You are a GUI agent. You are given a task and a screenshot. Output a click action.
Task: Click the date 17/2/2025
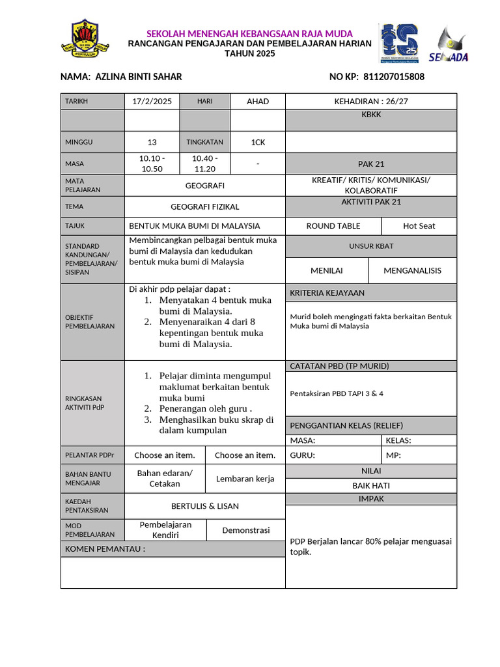tap(152, 101)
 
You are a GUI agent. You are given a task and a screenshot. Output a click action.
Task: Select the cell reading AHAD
tap(258, 101)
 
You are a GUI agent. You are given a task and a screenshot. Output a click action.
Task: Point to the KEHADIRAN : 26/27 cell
tap(371, 101)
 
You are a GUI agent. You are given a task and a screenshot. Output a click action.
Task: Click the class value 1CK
tap(258, 141)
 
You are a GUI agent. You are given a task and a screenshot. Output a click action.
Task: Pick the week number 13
tap(152, 142)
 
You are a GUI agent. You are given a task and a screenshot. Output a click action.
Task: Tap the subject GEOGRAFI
tap(204, 186)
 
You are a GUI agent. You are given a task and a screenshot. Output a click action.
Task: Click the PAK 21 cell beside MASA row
tap(371, 163)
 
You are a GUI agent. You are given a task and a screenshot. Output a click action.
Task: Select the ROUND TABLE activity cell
tap(333, 226)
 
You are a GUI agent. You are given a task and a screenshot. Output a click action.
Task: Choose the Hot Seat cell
tap(419, 226)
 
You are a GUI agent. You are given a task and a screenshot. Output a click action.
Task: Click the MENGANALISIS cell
tap(412, 270)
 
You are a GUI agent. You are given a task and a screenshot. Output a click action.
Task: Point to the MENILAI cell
tap(327, 270)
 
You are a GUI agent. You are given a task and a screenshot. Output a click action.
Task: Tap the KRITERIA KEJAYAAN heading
tap(327, 292)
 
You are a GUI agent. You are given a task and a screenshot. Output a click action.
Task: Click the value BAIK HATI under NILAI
tap(371, 485)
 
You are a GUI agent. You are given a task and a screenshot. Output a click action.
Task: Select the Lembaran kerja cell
tap(245, 478)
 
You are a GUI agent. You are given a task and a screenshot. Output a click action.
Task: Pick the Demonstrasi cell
tap(245, 530)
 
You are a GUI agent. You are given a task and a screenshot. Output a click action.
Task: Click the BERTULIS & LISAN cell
tap(204, 505)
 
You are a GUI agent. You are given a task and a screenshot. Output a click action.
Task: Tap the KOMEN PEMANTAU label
tap(104, 548)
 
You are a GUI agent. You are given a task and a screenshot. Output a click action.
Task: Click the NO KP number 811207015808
tap(393, 77)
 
